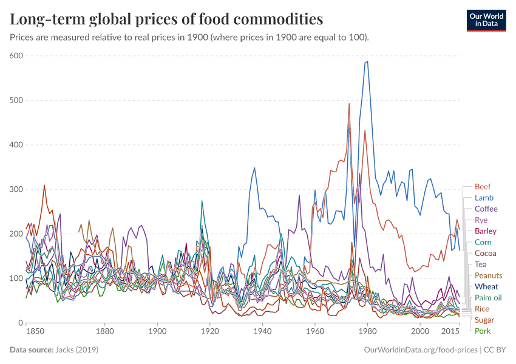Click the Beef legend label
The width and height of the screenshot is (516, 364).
click(483, 187)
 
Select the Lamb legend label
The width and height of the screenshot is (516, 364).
click(484, 198)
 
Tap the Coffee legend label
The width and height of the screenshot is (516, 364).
click(486, 209)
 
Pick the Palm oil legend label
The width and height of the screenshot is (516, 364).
click(488, 298)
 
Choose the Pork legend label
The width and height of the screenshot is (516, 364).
click(483, 331)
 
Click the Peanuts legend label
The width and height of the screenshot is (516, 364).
click(488, 275)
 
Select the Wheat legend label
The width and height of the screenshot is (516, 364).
click(486, 286)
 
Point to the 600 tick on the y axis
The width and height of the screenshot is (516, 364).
click(15, 56)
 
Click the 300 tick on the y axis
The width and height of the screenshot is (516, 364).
click(15, 189)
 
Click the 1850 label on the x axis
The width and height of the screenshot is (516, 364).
click(35, 332)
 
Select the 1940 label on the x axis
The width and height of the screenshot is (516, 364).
click(262, 332)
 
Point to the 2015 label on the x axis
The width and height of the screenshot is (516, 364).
click(450, 332)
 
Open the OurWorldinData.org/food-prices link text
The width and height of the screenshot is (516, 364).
click(419, 350)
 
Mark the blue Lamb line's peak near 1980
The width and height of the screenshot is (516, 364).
click(367, 61)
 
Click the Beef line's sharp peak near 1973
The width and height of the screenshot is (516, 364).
click(349, 104)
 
